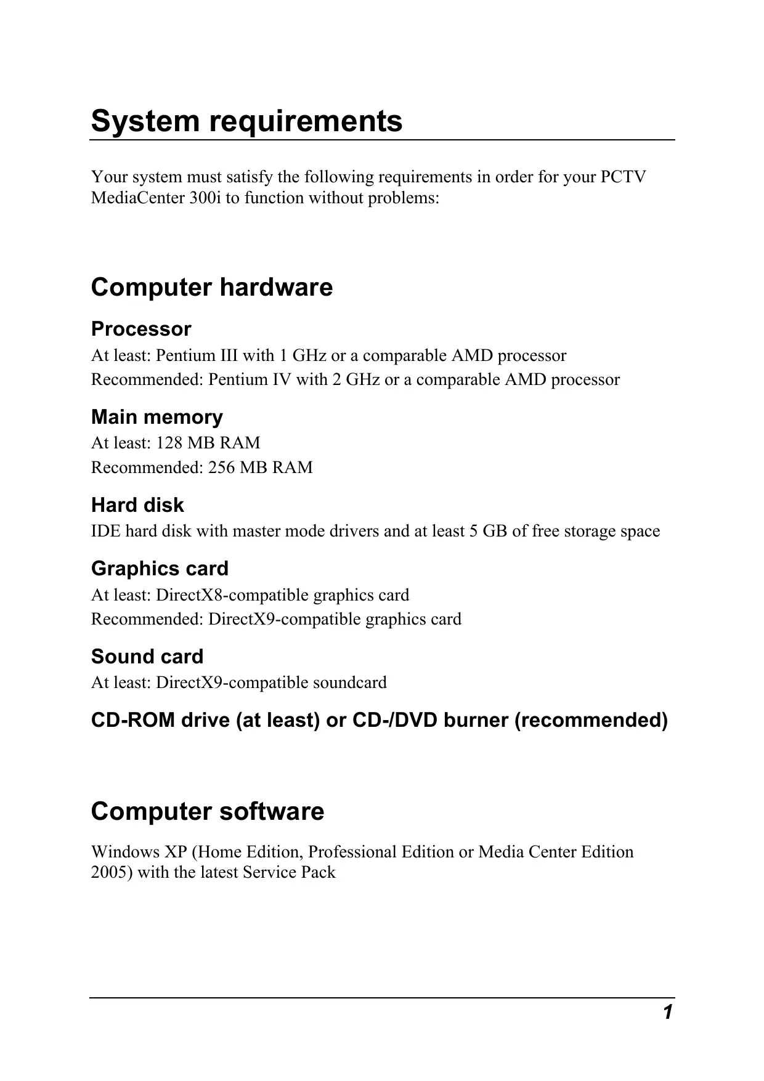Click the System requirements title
[246, 121]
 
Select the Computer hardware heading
[211, 288]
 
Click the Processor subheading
[141, 329]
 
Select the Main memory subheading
[156, 417]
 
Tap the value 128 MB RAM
[208, 443]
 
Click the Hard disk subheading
[137, 505]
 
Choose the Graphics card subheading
[160, 569]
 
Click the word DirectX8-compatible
[232, 595]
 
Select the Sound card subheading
[147, 657]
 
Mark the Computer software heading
[207, 812]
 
